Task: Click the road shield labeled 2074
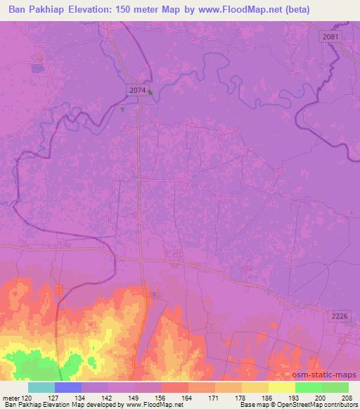point(139,89)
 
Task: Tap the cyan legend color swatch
point(41,387)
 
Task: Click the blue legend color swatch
point(68,387)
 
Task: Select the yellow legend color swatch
point(282,387)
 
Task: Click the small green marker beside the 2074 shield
point(150,90)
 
